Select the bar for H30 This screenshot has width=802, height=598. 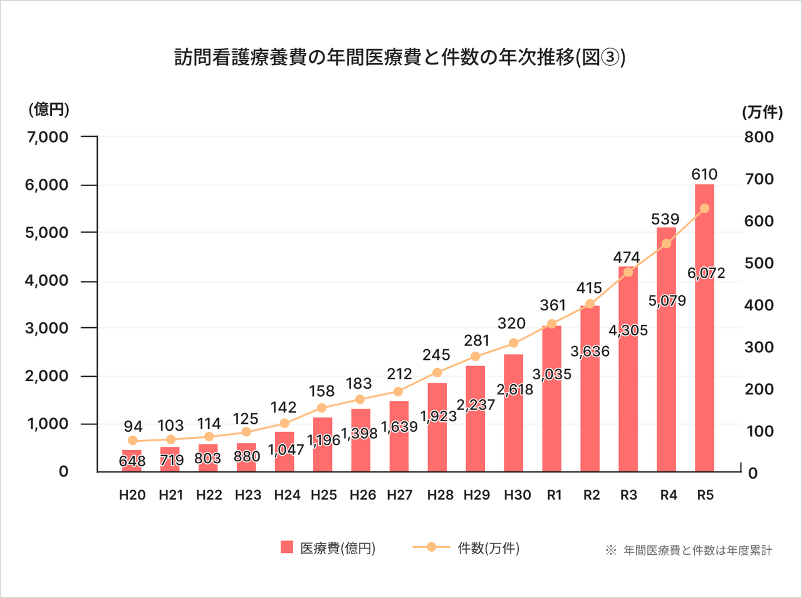coord(513,426)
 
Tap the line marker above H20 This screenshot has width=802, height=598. coord(132,441)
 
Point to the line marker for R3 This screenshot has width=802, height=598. coord(628,272)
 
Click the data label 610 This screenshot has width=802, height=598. coord(704,174)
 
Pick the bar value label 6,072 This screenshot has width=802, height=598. coord(706,273)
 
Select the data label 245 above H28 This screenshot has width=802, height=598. coord(436,355)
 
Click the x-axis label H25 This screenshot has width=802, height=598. coord(323,495)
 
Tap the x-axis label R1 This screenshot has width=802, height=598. coord(554,495)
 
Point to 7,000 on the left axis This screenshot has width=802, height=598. coord(48,137)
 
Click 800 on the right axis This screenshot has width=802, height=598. coord(759,137)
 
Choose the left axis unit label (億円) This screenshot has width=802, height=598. coord(49,110)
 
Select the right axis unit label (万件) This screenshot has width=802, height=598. coord(763,112)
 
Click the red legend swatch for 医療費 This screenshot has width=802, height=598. coord(286,547)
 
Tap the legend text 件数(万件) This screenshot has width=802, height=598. coord(488,548)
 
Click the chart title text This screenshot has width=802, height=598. coord(400,58)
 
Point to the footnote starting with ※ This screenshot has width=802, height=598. coord(689,550)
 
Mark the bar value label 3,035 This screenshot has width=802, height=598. coord(552,374)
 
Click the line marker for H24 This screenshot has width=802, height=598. coord(284,423)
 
